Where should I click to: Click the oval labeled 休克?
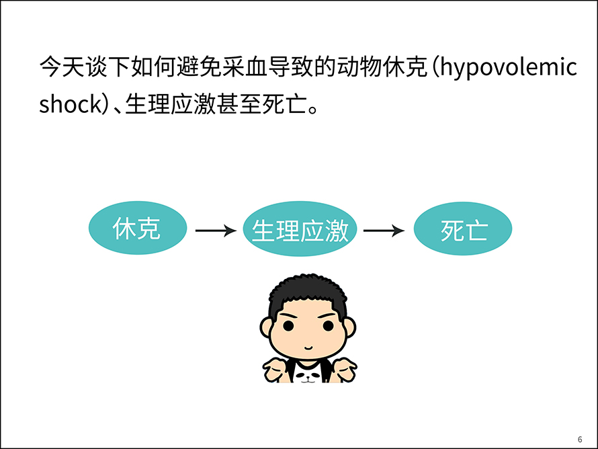coord(138,228)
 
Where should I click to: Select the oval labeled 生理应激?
coord(300,229)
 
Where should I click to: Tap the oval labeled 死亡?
coord(463,229)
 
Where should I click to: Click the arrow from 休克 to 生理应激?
coord(216,231)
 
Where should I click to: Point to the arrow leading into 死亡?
coord(384,231)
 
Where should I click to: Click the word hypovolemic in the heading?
coord(509,68)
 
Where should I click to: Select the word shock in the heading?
coord(71,104)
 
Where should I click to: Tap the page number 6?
coord(580,440)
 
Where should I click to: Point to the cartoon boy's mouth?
coord(308,348)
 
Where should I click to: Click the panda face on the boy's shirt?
coord(308,376)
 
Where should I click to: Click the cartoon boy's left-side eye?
coord(288,326)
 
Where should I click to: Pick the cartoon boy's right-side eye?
coord(328,326)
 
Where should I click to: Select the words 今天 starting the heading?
coord(62,67)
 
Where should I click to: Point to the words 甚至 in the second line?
coord(239,104)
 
